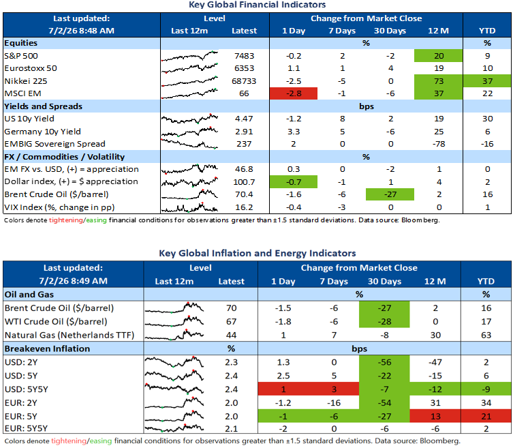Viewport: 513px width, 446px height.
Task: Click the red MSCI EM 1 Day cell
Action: pyautogui.click(x=294, y=93)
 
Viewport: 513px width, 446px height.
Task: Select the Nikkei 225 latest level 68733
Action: pyautogui.click(x=244, y=81)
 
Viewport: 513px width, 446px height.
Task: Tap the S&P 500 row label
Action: pyautogui.click(x=21, y=56)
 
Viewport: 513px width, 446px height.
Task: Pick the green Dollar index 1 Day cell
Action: pyautogui.click(x=294, y=181)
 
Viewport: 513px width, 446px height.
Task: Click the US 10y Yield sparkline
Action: pyautogui.click(x=189, y=118)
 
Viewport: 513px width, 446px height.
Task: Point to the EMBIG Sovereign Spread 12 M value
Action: pyautogui.click(x=439, y=144)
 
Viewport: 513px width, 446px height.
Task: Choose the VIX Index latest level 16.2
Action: pyautogui.click(x=244, y=207)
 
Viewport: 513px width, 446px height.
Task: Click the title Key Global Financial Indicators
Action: pyautogui.click(x=257, y=5)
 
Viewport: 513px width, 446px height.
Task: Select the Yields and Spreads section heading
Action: pyautogui.click(x=43, y=106)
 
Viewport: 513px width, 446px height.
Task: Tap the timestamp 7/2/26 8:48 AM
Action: pyautogui.click(x=82, y=31)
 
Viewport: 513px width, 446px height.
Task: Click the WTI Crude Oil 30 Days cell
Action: pyautogui.click(x=384, y=322)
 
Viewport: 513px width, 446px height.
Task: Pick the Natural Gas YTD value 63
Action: pyautogui.click(x=486, y=335)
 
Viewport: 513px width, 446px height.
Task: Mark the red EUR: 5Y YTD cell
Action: pyautogui.click(x=486, y=416)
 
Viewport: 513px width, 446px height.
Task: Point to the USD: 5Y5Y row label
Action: pyautogui.click(x=27, y=389)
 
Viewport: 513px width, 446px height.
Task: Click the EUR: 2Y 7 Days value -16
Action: pyautogui.click(x=334, y=403)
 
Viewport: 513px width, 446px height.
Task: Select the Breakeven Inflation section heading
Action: pyautogui.click(x=47, y=348)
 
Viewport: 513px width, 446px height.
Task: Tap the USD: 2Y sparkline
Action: pyautogui.click(x=174, y=362)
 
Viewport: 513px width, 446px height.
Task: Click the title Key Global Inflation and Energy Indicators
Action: pyautogui.click(x=257, y=253)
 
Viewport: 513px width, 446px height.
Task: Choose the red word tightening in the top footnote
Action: pyautogui.click(x=66, y=220)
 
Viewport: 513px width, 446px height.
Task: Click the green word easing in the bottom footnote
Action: pyautogui.click(x=101, y=441)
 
